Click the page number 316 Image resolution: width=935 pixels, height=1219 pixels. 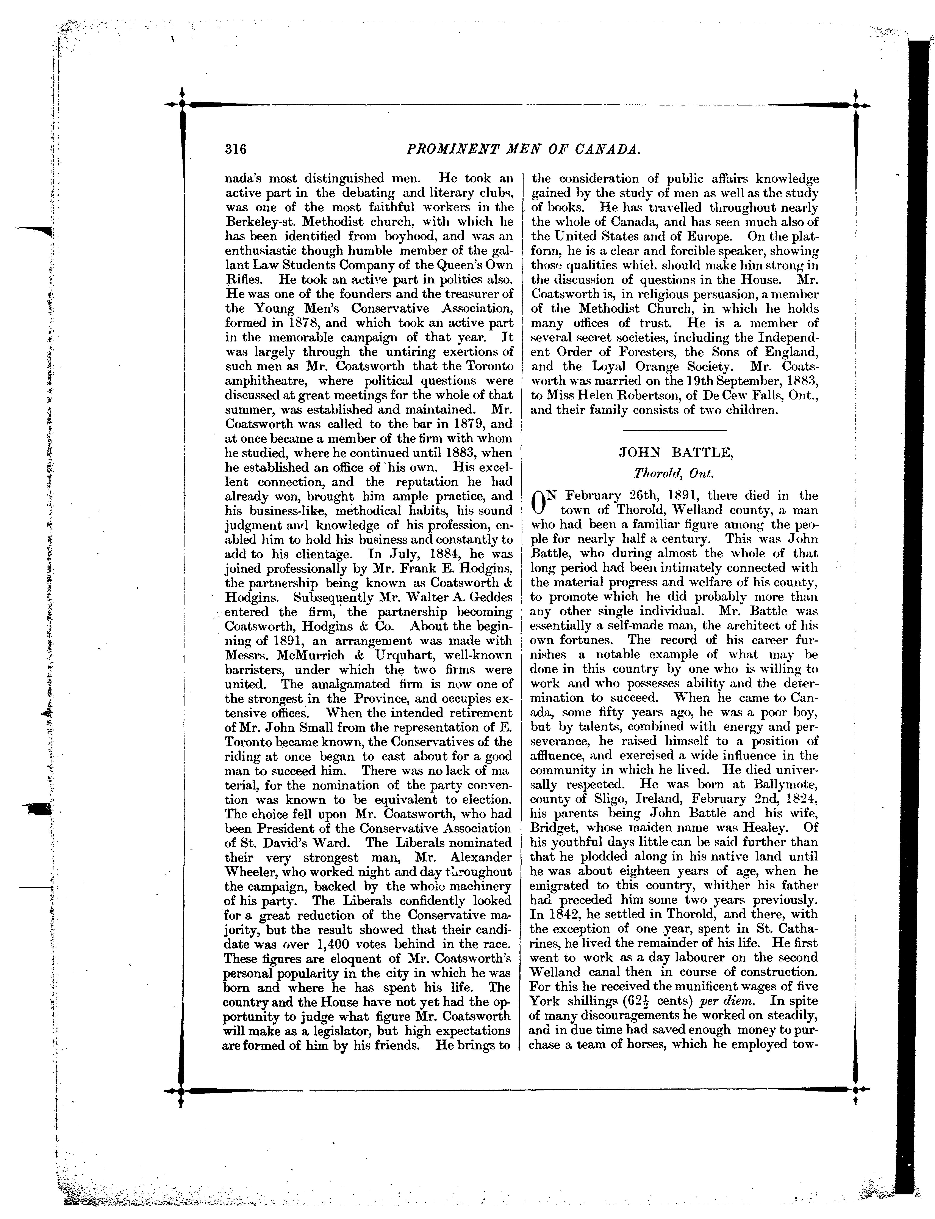pyautogui.click(x=235, y=149)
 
